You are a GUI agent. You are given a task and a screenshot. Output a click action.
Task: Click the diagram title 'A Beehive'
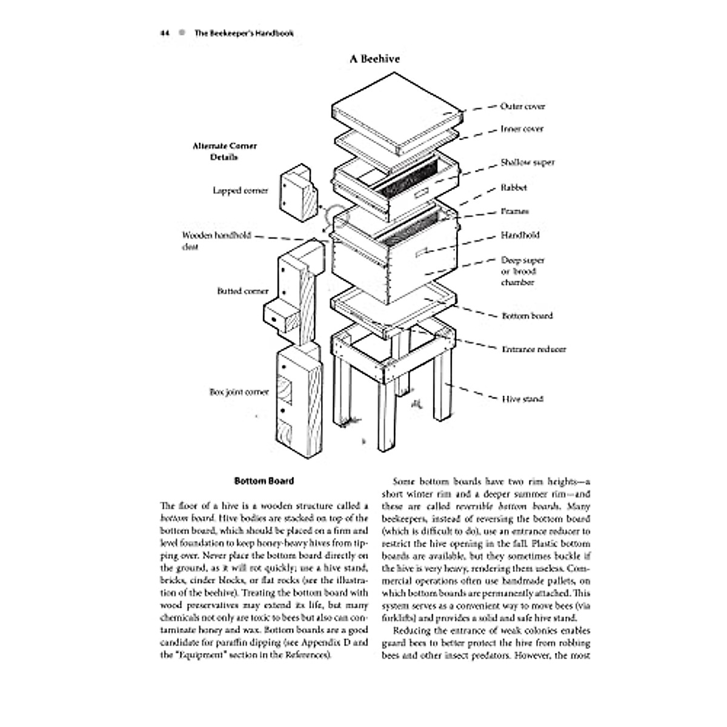click(x=374, y=59)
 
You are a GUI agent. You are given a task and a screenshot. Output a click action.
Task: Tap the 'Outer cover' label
click(x=522, y=106)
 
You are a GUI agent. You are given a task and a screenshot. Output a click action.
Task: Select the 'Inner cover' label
click(x=522, y=129)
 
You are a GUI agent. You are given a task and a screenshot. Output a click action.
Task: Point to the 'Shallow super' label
click(x=527, y=162)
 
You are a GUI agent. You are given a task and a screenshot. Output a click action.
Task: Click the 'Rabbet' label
click(x=514, y=188)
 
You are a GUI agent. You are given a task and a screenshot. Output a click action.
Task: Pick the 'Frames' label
click(x=514, y=211)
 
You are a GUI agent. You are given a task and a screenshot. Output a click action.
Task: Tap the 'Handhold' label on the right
click(x=520, y=235)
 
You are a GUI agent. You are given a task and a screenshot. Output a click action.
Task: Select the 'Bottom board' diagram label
click(x=526, y=316)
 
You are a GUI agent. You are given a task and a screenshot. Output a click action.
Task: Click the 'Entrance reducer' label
click(x=533, y=350)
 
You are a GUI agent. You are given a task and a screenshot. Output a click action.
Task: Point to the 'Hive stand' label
click(x=522, y=399)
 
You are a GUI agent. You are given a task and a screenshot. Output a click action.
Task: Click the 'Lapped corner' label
click(x=240, y=190)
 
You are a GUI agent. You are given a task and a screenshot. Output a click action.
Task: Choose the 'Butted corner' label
click(x=242, y=291)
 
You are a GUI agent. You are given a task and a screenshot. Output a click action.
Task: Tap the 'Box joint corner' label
click(x=239, y=392)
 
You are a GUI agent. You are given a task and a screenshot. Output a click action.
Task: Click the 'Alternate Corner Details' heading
click(x=224, y=151)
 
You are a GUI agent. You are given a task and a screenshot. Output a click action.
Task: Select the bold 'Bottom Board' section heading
click(x=264, y=481)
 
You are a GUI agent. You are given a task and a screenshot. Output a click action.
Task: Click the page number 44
click(x=164, y=33)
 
